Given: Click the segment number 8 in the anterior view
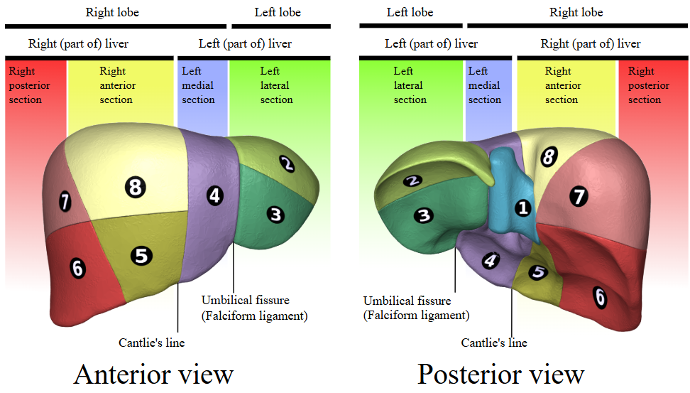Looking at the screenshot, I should (135, 188).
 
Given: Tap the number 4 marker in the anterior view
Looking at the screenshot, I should (215, 195).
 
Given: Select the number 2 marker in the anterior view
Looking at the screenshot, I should (287, 164).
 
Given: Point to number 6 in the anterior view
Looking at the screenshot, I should (78, 268).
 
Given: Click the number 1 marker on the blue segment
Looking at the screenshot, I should (523, 208).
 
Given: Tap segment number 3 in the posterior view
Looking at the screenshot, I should (424, 215).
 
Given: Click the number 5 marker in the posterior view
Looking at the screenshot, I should (538, 271).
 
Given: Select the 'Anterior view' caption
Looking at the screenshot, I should (153, 374).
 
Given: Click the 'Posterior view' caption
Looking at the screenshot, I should (501, 374).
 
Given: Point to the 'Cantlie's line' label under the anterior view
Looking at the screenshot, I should (151, 343).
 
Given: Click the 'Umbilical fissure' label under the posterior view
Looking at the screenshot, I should (407, 301).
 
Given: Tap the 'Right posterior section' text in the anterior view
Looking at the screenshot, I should (26, 85).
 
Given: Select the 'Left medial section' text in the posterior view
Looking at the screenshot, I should (485, 85).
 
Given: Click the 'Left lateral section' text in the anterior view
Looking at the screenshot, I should (276, 85).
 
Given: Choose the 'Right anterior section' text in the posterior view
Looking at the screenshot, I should (562, 85).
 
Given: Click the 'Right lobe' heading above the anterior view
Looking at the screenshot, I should (112, 12).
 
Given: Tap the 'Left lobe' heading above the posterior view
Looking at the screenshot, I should (410, 12).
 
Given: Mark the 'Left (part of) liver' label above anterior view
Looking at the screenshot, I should (245, 44).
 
